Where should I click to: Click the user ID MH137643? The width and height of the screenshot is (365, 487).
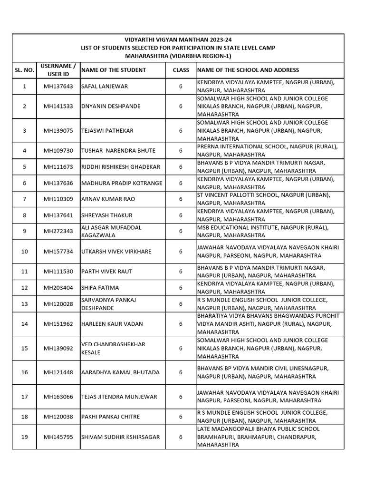(58, 86)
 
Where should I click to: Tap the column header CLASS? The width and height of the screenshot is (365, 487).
(181, 70)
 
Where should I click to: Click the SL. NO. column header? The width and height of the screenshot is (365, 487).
(25, 70)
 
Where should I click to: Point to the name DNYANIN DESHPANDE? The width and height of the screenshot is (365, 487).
(111, 106)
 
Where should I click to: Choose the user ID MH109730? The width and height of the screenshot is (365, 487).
(58, 150)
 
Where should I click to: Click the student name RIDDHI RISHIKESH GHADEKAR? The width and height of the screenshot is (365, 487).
(121, 166)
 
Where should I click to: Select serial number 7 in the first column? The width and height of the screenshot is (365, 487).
(25, 199)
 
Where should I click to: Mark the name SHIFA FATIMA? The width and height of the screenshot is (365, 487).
(100, 287)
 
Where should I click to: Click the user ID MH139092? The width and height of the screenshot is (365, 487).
(58, 348)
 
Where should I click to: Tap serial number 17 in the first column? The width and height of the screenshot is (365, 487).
(25, 396)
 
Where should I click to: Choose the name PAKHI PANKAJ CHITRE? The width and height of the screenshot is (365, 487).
(110, 417)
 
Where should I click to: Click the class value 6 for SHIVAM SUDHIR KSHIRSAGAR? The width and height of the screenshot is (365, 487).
(181, 437)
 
